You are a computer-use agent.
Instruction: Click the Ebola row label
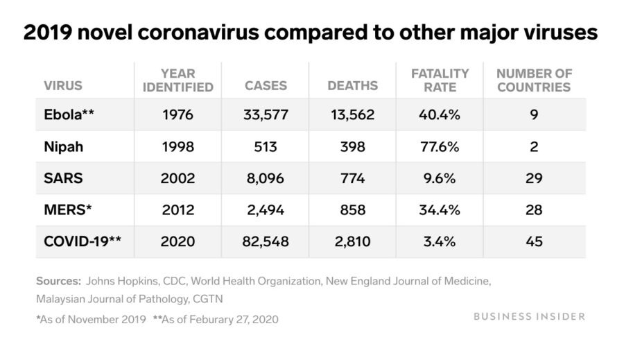point(69,114)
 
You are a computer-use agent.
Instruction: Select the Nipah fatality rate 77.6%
point(440,146)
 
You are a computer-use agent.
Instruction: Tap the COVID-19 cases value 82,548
point(266,242)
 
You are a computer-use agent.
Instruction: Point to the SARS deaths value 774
point(353,178)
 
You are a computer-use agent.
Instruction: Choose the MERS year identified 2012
point(178,210)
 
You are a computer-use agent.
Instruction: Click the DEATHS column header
point(353,86)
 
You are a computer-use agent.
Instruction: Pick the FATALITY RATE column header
point(440,80)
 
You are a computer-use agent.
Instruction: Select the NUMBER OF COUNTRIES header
point(534,80)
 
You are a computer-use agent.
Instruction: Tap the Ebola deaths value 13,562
point(353,114)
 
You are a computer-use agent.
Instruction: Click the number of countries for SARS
point(534,178)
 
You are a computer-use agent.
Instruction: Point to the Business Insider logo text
point(530,316)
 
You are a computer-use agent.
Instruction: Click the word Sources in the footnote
point(58,282)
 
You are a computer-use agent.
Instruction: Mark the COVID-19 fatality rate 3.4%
point(440,242)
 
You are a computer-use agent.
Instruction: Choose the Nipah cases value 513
point(266,146)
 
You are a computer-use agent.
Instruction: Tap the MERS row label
point(64,210)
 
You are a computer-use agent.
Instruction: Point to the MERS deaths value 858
point(353,210)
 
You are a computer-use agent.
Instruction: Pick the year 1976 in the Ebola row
point(178,114)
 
